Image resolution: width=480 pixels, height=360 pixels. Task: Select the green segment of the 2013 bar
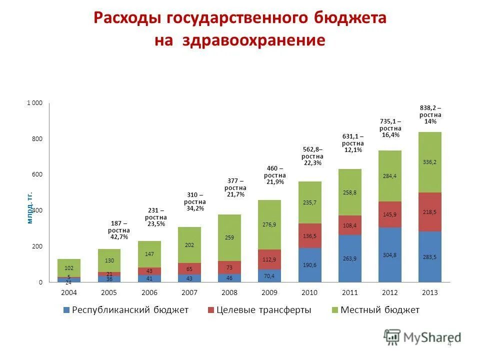coord(429,162)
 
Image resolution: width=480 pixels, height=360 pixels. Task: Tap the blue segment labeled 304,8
coord(389,255)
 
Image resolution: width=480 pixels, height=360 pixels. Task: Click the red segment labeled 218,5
coord(429,212)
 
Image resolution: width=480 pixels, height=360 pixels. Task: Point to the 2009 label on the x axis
coord(269,292)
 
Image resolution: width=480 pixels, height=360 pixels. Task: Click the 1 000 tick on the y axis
coord(34,103)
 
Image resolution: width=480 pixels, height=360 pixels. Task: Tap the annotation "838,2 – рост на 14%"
coord(430,114)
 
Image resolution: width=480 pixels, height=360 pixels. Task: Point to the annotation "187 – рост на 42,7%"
coord(118,230)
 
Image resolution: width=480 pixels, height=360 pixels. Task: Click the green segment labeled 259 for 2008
coord(229,237)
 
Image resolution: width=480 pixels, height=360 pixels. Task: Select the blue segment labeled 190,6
coord(309,265)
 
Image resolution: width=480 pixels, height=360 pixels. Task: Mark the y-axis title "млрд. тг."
coord(29,207)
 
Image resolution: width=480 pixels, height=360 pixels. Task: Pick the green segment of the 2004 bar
coord(69,268)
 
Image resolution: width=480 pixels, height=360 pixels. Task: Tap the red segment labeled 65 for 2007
coord(189,268)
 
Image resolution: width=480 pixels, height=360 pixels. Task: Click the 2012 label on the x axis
coord(389,292)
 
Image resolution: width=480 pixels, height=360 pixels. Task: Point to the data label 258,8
coord(349,192)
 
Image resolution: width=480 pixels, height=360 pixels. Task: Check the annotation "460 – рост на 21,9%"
coord(275,175)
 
